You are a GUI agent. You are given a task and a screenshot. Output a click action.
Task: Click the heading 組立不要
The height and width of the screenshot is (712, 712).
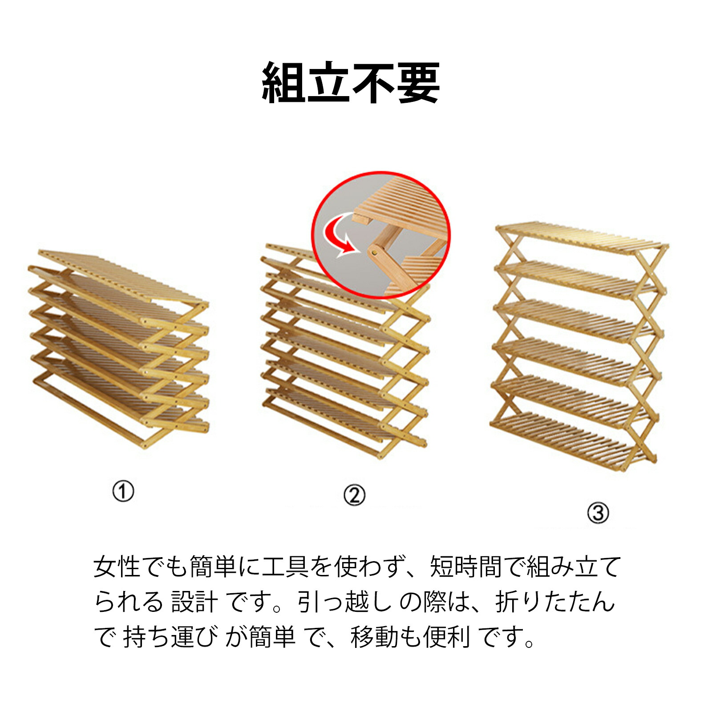pyautogui.click(x=351, y=83)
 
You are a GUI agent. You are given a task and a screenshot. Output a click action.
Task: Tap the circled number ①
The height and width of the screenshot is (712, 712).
pyautogui.click(x=123, y=492)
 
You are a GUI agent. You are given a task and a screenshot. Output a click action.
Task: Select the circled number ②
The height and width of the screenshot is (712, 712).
pyautogui.click(x=354, y=495)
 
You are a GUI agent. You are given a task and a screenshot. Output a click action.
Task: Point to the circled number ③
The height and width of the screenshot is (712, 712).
pyautogui.click(x=598, y=513)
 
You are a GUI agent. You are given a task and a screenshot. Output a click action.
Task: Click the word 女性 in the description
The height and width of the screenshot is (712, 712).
pyautogui.click(x=117, y=567)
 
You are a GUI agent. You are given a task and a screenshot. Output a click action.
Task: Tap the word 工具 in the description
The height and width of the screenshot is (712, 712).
pyautogui.click(x=285, y=567)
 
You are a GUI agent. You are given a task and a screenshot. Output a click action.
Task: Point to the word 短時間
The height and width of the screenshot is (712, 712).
pyautogui.click(x=466, y=567)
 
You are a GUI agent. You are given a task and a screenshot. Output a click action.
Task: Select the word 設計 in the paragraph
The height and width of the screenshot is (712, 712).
pyautogui.click(x=194, y=602)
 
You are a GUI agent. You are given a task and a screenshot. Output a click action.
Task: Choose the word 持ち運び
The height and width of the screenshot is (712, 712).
pyautogui.click(x=171, y=637)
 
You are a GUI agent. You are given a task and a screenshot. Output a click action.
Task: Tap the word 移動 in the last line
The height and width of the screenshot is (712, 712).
pyautogui.click(x=374, y=637)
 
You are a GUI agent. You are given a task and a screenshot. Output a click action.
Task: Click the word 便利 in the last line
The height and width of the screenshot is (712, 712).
pyautogui.click(x=446, y=637)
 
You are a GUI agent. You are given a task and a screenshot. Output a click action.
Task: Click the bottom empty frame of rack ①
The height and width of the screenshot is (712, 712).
pyautogui.click(x=89, y=409)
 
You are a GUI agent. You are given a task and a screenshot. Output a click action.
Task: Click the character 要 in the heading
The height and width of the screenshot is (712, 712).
pyautogui.click(x=418, y=83)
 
